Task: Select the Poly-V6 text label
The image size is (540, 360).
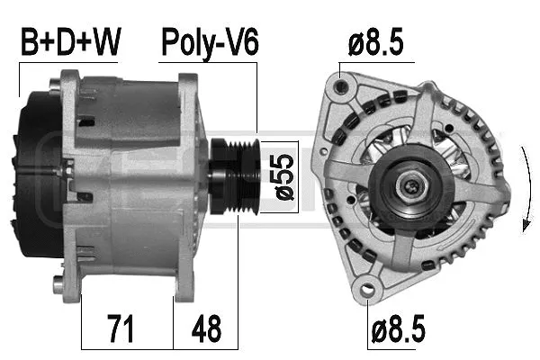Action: tap(209, 41)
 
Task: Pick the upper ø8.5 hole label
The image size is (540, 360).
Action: tap(375, 41)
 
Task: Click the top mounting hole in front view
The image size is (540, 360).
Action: tap(339, 88)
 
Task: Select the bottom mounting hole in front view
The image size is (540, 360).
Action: tap(366, 290)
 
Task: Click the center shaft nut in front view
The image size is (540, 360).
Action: tap(410, 186)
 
